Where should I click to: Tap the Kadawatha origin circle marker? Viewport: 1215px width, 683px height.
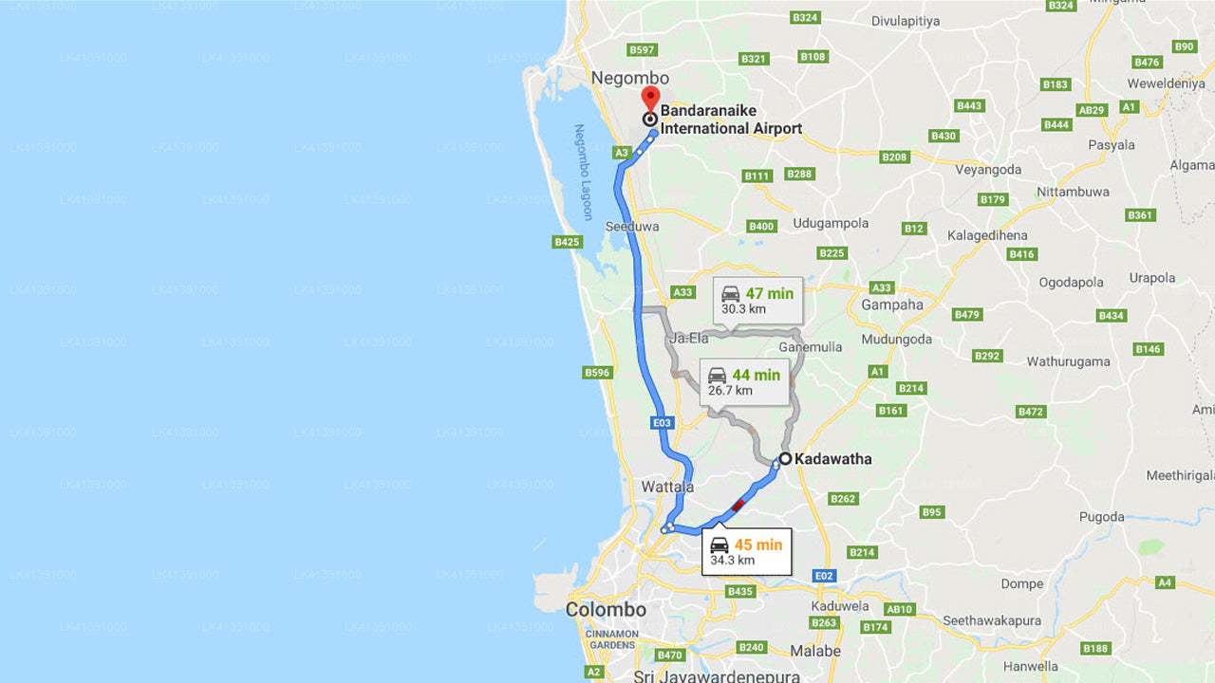(x=785, y=459)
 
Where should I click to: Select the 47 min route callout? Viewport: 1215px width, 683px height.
(x=757, y=301)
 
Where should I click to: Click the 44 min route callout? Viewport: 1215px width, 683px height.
(x=744, y=381)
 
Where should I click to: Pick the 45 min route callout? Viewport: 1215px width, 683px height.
(x=746, y=551)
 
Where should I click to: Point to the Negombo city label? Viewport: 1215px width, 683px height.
(x=629, y=78)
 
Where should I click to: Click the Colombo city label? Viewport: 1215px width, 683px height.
(x=606, y=610)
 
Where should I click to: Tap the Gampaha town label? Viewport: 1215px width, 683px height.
(x=892, y=305)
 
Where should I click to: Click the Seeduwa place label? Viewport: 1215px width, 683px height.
(x=632, y=228)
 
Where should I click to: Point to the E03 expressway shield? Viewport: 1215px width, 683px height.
(x=663, y=422)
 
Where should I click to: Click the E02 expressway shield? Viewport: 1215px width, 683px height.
(x=824, y=576)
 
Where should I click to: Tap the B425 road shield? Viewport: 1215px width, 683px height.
(x=567, y=242)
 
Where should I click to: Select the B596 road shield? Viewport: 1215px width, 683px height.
(x=597, y=373)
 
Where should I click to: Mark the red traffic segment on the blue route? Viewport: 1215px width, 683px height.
(x=738, y=506)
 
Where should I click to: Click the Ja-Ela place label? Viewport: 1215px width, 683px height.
(x=689, y=338)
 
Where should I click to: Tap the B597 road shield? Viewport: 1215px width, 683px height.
(x=643, y=49)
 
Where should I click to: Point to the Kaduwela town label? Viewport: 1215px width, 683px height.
(x=840, y=606)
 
